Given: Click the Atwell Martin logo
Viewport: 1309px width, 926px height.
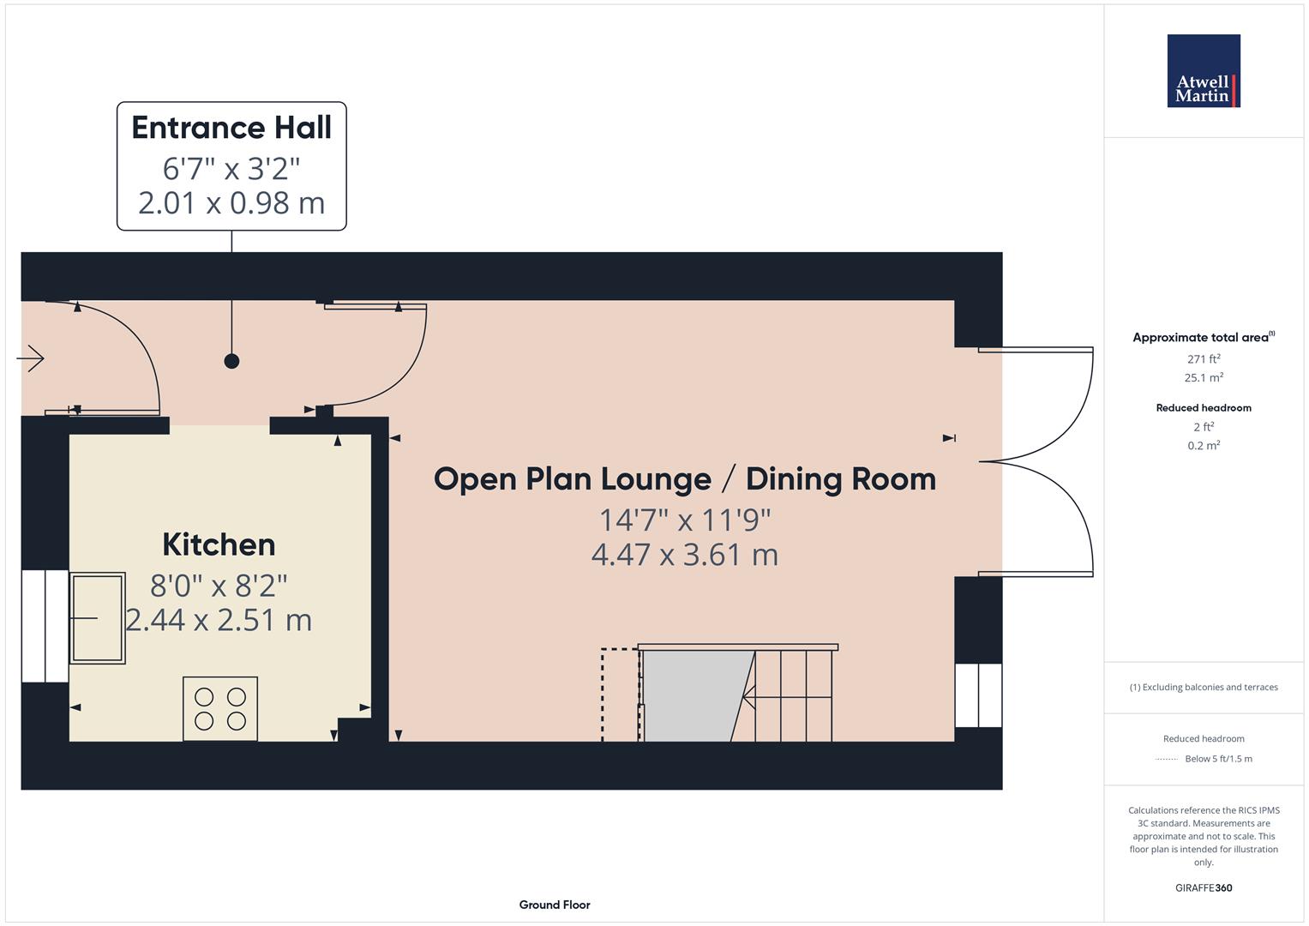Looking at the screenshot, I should tap(1204, 71).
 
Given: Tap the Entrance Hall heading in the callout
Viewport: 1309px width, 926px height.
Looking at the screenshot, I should tap(231, 128).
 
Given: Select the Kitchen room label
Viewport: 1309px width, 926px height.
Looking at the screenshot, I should tap(219, 544).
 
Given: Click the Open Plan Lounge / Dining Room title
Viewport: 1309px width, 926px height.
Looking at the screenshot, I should tap(684, 478).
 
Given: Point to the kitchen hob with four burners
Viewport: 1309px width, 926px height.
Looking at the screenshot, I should tap(220, 708).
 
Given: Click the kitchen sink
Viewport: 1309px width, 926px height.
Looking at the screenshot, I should tap(98, 617).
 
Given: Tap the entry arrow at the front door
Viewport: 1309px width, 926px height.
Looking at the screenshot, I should tap(31, 358).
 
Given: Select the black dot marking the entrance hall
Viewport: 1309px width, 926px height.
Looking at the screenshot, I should tap(231, 361).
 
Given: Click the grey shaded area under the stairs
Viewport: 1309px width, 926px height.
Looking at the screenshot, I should tap(691, 694).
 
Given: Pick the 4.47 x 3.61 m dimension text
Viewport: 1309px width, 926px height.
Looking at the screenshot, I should tap(684, 555).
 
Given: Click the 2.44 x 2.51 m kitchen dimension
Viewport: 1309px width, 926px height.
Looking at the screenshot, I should tap(219, 620).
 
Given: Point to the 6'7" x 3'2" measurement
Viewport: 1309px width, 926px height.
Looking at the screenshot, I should tap(231, 168).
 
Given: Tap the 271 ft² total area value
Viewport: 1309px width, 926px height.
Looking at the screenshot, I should tap(1204, 359).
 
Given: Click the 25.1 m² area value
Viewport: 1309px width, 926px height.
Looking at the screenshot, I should tap(1204, 377).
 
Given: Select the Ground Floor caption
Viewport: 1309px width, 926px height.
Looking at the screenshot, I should tap(554, 905).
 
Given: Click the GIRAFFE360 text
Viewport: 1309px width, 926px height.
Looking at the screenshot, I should tap(1204, 887).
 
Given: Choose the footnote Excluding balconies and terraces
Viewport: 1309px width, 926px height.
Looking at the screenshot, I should tap(1204, 687).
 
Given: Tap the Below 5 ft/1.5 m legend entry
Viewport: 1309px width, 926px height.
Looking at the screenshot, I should tap(1217, 759).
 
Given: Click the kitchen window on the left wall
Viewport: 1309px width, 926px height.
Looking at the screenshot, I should tap(45, 625).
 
